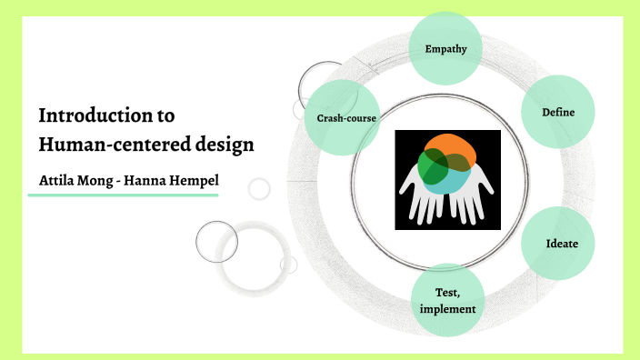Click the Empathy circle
445,48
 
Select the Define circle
557,112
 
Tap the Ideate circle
557,244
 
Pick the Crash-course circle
346,118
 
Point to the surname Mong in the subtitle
102,180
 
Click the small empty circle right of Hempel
260,188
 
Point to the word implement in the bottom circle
447,309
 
